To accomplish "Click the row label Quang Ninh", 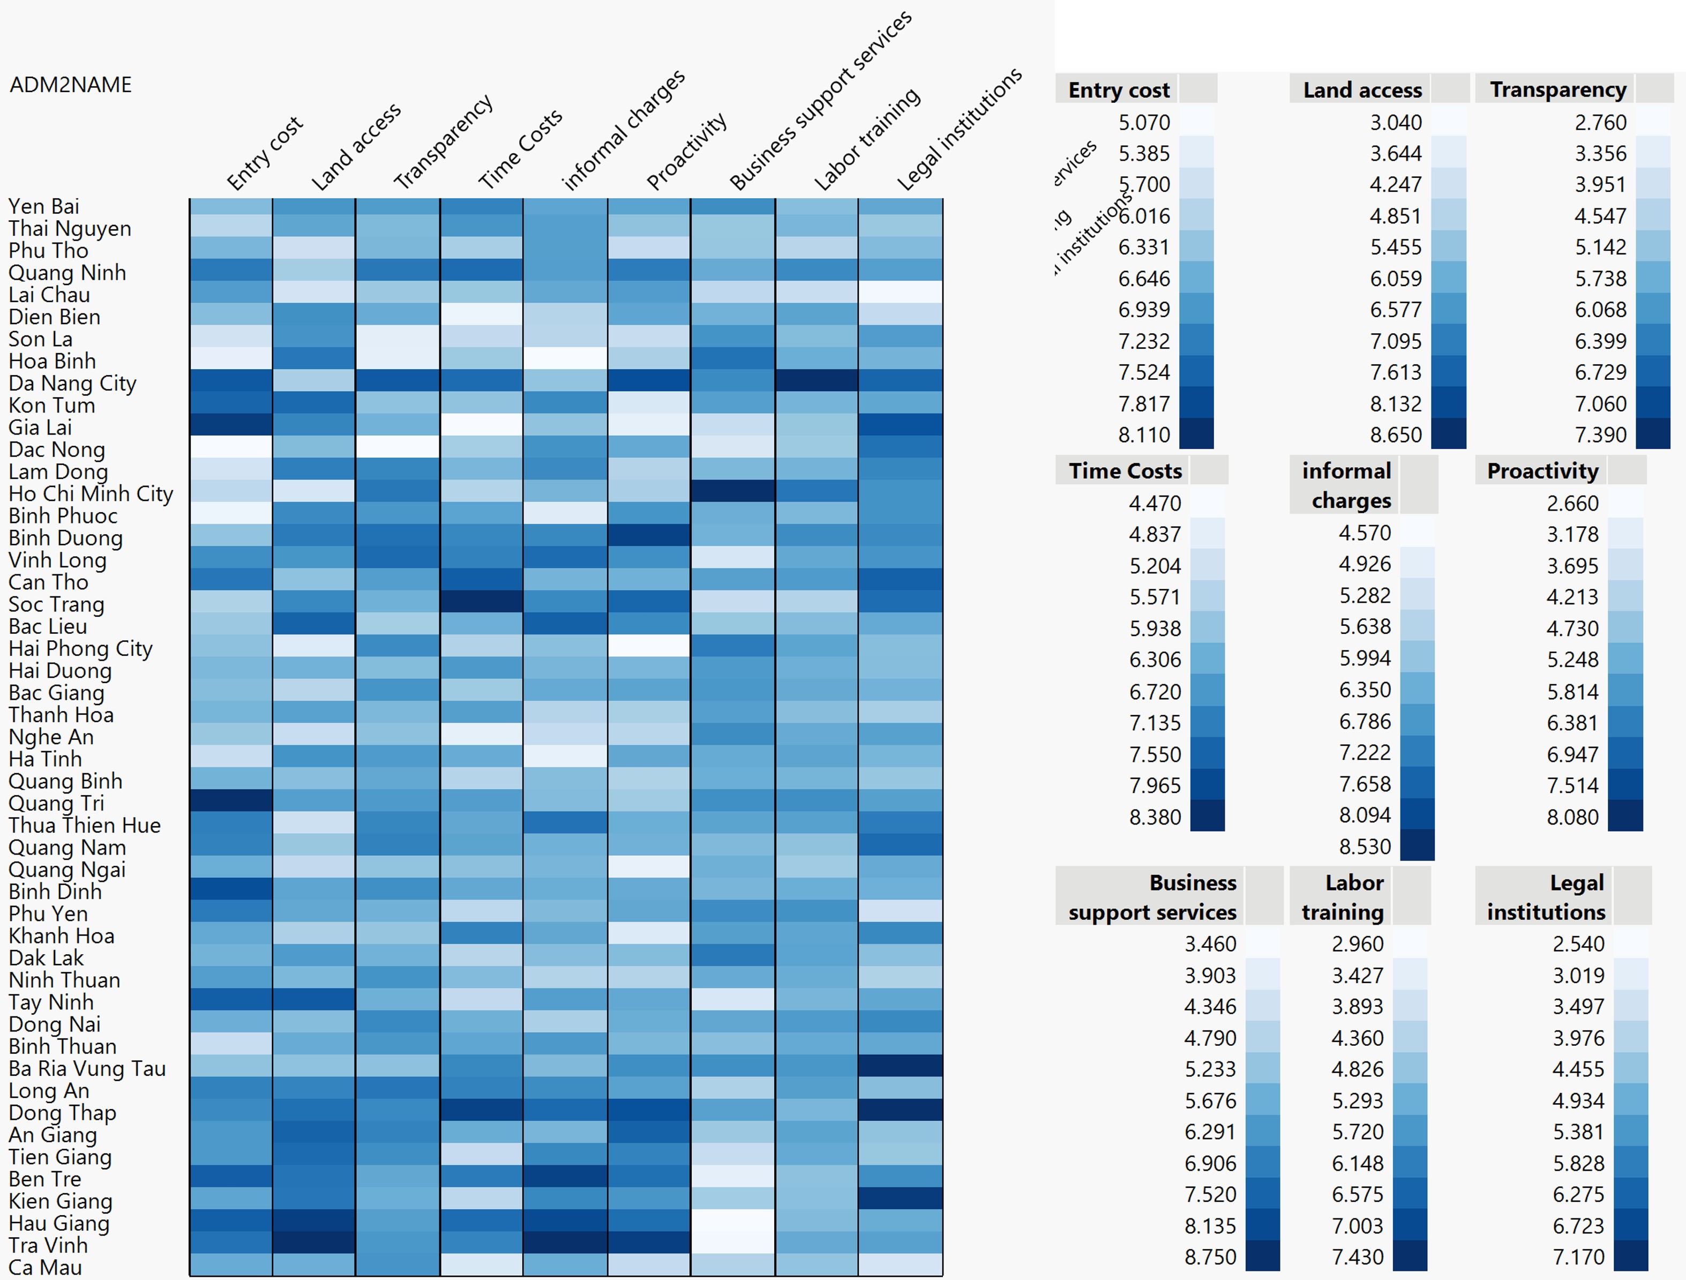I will (x=67, y=273).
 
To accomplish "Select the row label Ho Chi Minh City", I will (x=91, y=494).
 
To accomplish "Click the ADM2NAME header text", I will (x=70, y=85).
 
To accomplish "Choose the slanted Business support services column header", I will (x=820, y=101).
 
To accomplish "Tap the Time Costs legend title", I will (x=1125, y=471).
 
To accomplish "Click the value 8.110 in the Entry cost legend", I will (x=1143, y=435).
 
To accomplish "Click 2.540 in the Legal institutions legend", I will (x=1578, y=944).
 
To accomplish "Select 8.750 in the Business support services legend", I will (x=1210, y=1257).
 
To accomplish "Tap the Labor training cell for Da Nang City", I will (x=816, y=380).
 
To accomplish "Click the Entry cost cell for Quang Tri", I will (x=231, y=800).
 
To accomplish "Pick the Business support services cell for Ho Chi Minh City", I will (x=732, y=491).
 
